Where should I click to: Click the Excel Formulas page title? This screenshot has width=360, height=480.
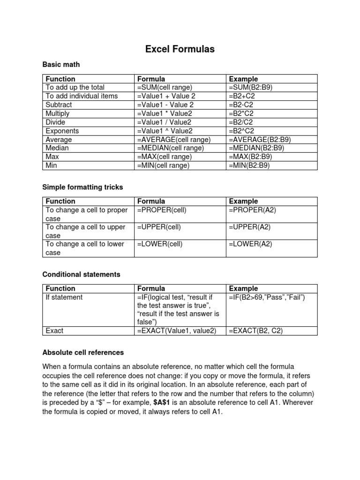pos(180,49)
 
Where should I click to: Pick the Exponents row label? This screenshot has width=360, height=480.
pos(62,131)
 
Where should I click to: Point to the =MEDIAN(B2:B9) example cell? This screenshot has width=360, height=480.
pos(256,148)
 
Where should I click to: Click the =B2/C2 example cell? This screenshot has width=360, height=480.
pos(241,122)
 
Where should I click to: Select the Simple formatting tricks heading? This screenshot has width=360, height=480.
pos(82,187)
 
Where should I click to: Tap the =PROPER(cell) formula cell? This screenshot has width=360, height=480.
pos(162,210)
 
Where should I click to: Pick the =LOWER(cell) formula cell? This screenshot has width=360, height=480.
pos(160,244)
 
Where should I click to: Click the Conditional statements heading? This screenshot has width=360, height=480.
pos(81,274)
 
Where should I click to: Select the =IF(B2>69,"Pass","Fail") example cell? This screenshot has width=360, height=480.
pos(267,297)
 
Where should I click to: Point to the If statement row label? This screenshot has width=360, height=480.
pos(64,297)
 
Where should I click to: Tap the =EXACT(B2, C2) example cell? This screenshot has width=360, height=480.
pos(255,330)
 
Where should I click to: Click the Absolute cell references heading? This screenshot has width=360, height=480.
pos(83,352)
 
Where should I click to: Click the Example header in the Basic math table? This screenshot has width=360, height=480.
pos(243,79)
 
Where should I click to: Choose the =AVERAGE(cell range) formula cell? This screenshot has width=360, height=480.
pos(174,140)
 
